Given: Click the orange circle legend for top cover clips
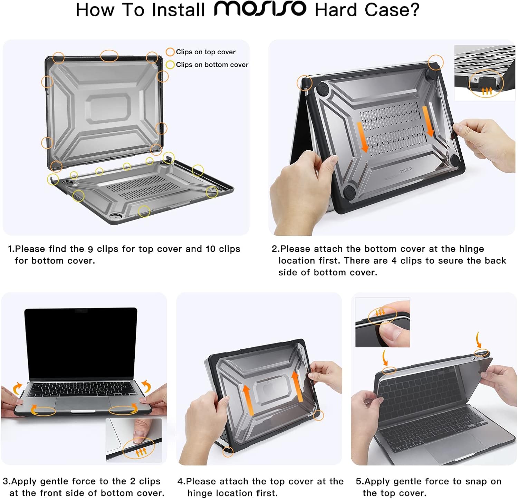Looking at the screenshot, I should [170, 52].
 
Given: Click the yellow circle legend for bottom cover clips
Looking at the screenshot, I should [170, 65].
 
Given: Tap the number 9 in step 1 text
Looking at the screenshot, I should [90, 249].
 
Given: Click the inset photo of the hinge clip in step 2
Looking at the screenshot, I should [484, 73].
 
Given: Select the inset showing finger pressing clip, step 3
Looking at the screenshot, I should [134, 440].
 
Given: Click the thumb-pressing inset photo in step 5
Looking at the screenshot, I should [382, 323].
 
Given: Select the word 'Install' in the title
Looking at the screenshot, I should [179, 10].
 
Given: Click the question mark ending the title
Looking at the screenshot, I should [414, 10].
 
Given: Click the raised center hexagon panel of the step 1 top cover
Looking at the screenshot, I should [108, 108].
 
